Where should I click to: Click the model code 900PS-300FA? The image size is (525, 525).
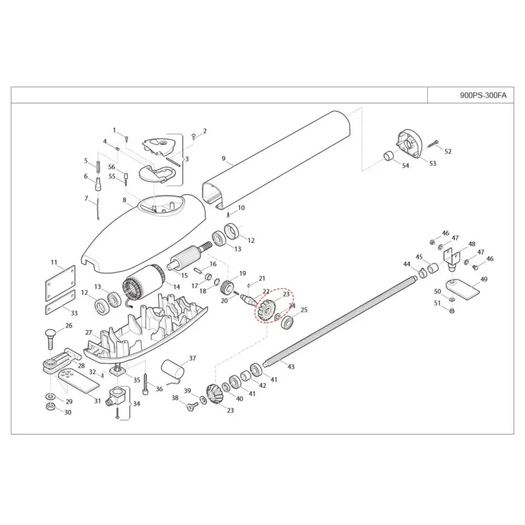484,94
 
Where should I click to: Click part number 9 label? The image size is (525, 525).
224,159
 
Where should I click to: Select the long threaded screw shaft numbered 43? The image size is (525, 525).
341,322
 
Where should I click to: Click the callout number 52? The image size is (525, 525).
448,152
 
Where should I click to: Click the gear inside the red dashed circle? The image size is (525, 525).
268,310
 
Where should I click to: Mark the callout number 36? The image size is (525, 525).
159,389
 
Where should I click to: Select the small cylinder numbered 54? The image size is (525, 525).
388,157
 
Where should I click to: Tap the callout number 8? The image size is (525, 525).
124,199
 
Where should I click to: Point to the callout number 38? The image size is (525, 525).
175,398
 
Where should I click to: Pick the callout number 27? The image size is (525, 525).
89,333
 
